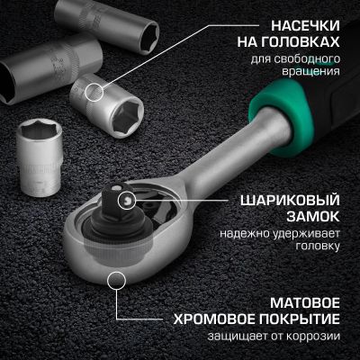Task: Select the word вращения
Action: pos(313,74)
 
